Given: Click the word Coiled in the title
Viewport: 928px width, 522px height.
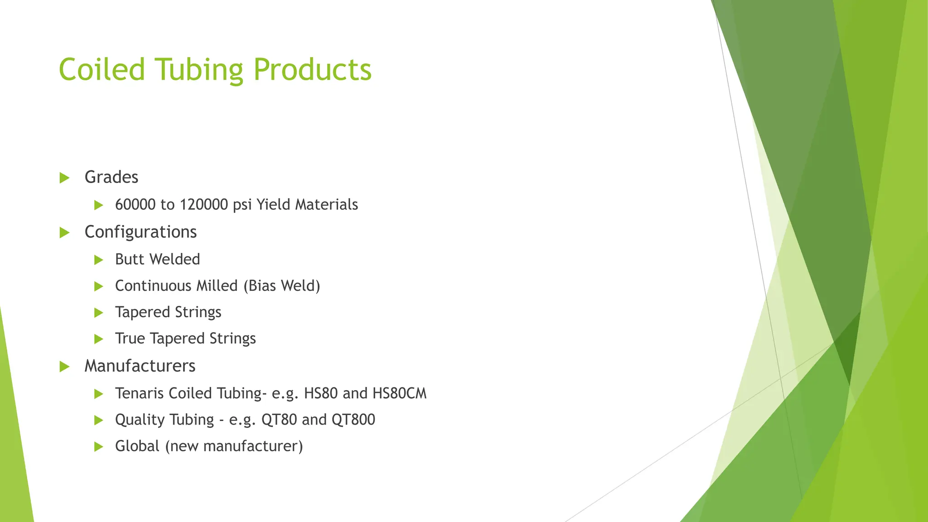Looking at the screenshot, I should tap(102, 70).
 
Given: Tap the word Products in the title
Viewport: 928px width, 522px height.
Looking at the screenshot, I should tap(312, 70).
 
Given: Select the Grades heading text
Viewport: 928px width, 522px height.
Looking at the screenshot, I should tap(111, 177).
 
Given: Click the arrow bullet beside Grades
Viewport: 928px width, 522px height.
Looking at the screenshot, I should tap(64, 178).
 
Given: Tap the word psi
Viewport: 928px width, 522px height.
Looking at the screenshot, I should tap(242, 205).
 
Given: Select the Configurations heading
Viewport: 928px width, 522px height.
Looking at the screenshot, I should tap(140, 232).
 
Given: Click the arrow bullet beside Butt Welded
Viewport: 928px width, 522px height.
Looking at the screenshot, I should tap(99, 260).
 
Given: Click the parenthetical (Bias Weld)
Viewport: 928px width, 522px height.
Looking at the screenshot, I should tap(281, 286).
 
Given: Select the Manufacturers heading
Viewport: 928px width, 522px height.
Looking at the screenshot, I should tap(140, 366).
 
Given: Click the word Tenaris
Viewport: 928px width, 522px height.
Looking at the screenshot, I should tap(139, 393).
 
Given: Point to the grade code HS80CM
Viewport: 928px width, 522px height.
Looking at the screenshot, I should tap(399, 393).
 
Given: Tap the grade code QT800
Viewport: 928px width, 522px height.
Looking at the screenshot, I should tap(353, 420).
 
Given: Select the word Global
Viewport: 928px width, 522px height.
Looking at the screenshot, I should tap(137, 446).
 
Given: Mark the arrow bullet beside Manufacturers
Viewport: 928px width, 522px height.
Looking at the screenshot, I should tap(64, 367).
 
